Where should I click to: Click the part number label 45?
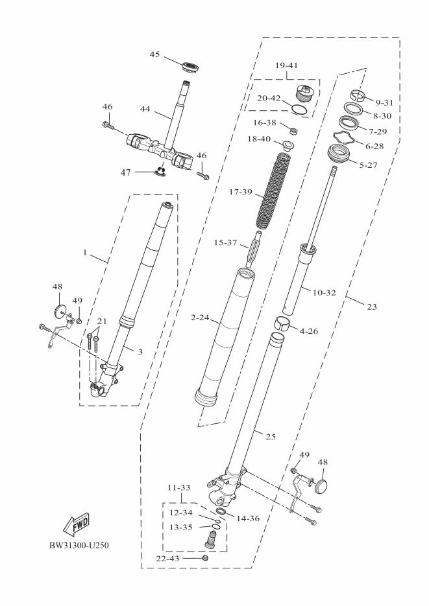[154, 54]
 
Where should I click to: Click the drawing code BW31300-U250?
[79, 544]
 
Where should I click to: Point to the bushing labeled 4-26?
[281, 323]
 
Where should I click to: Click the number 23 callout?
[372, 307]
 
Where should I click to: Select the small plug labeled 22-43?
[206, 557]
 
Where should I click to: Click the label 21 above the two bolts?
[102, 322]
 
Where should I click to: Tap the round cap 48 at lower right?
[323, 485]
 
